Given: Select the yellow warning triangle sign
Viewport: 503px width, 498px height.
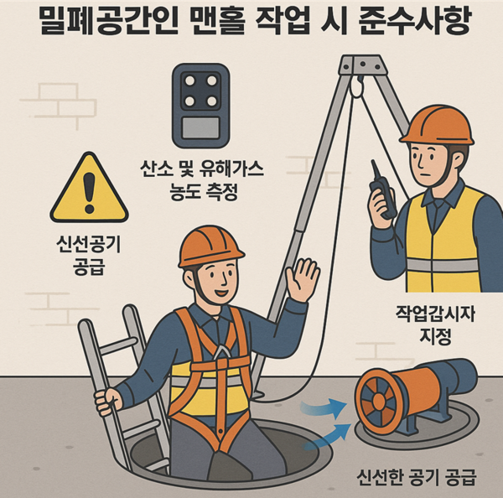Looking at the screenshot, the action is click(89, 188).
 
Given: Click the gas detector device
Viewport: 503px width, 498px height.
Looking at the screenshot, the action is click(201, 106).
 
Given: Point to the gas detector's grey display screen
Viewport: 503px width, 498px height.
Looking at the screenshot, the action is click(201, 127).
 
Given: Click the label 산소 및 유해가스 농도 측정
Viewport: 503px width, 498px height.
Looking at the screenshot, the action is click(202, 180).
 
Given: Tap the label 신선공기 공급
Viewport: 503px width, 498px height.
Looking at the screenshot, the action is click(89, 256).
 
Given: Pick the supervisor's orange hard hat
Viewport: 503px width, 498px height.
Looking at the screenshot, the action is click(437, 125).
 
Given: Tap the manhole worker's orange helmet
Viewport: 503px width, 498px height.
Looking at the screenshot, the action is click(210, 246).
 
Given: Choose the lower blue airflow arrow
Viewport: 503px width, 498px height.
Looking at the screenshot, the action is click(327, 437).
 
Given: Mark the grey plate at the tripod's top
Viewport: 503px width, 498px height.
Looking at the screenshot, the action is click(362, 65).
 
